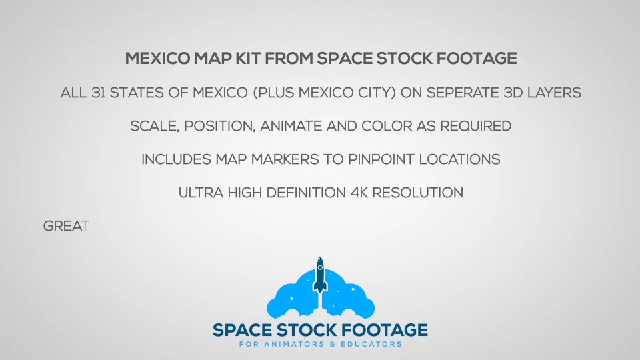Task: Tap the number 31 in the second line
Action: pos(99,93)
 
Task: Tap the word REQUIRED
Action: pos(475,126)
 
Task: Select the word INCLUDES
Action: pos(176,159)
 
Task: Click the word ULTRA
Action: pos(201,193)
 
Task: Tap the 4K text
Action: pos(359,193)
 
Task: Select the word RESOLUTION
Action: pos(417,193)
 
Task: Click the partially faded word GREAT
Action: pos(66,226)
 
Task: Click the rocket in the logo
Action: pos(320,275)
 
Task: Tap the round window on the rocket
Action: pos(320,268)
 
